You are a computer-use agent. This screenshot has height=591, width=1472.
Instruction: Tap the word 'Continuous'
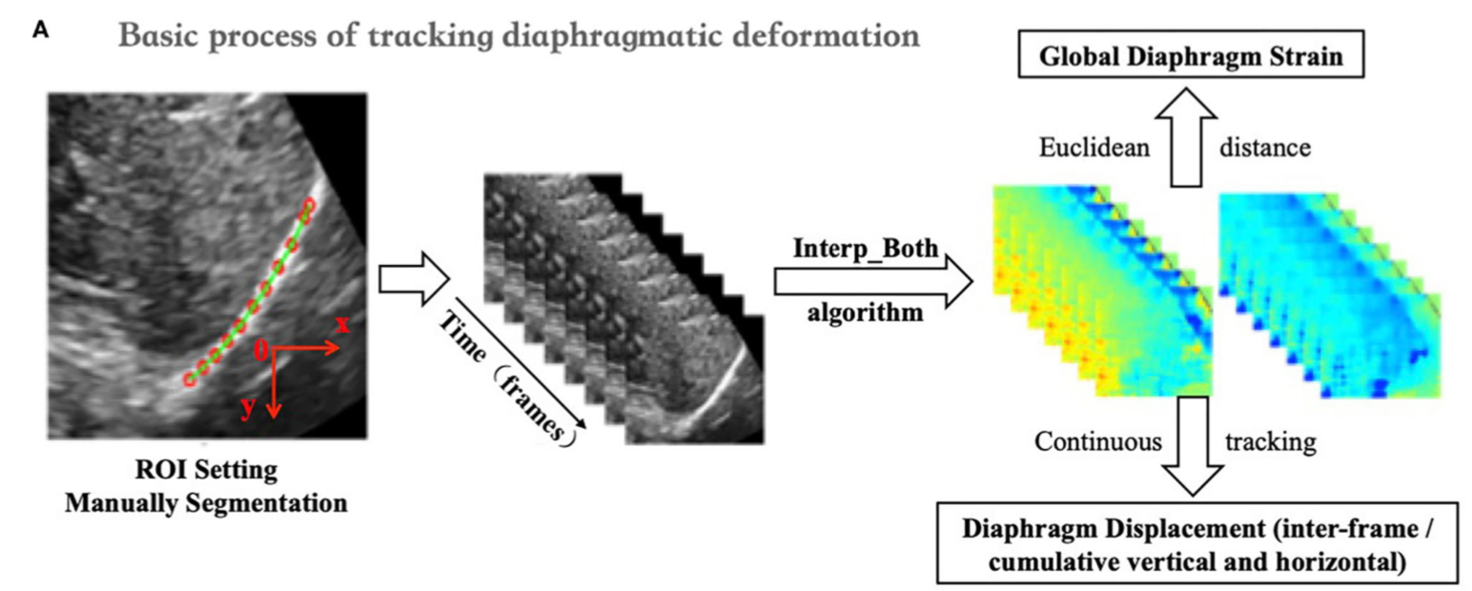(x=1098, y=441)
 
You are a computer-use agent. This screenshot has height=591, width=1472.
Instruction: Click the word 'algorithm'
(x=866, y=311)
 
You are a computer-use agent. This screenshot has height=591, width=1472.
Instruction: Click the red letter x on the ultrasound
(x=341, y=324)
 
